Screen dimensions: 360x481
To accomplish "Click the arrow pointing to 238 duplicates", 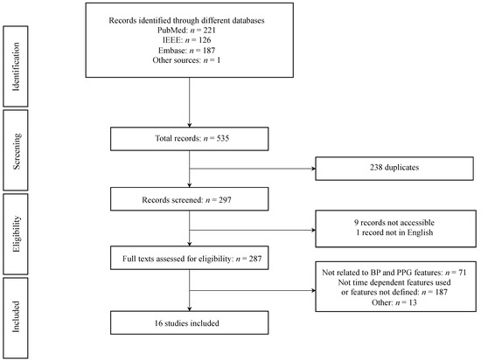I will click(x=262, y=164).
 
